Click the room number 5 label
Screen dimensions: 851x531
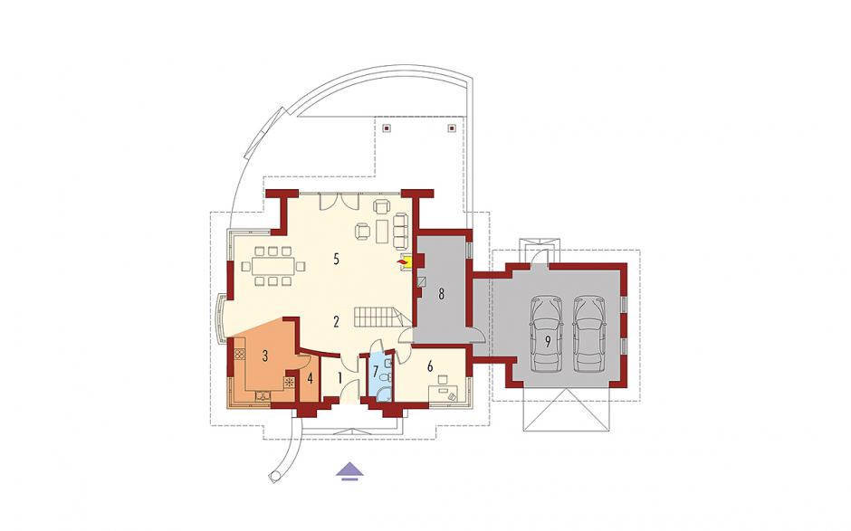point(337,259)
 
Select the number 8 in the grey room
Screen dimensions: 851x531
point(441,295)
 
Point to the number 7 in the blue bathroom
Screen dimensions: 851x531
point(375,372)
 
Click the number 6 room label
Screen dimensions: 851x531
point(430,366)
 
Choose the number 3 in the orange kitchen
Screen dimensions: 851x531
point(265,356)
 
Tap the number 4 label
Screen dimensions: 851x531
point(310,379)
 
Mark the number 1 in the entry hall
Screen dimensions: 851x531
point(340,378)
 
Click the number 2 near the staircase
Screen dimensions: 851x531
point(337,322)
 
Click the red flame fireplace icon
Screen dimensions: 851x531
point(402,262)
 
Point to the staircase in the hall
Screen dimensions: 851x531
point(378,316)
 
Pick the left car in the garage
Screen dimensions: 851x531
point(548,332)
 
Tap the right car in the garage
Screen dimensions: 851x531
point(590,332)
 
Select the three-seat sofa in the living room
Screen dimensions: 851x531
point(400,228)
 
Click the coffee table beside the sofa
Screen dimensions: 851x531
point(383,231)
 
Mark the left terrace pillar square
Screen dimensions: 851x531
point(387,128)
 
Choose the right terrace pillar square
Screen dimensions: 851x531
point(452,128)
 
